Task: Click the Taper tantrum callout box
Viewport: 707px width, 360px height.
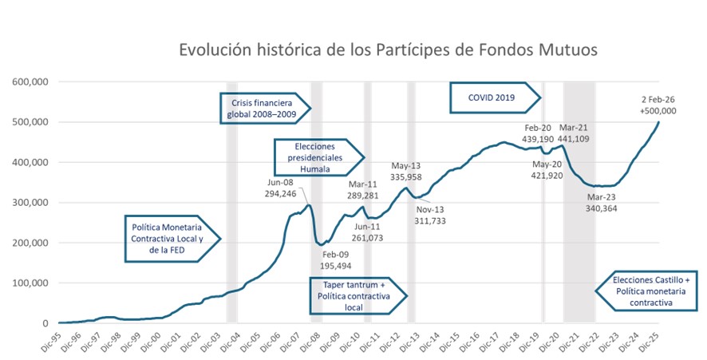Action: click(x=357, y=295)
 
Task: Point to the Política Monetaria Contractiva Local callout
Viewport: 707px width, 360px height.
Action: click(x=168, y=237)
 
